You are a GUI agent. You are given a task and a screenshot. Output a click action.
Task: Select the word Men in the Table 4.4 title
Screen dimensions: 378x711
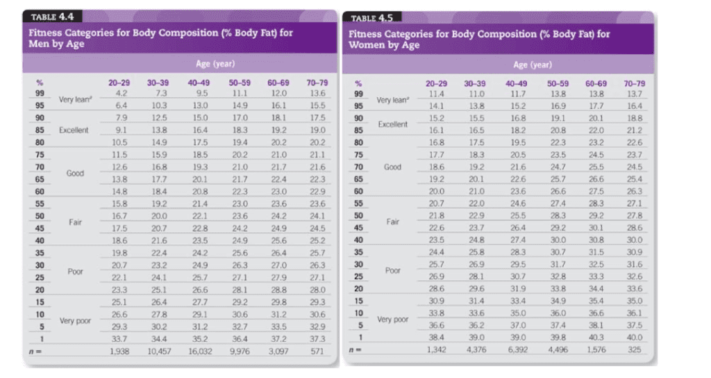37,44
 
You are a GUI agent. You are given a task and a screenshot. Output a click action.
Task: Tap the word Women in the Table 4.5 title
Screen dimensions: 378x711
367,45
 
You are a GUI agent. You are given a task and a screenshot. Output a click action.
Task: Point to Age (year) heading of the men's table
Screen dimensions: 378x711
215,64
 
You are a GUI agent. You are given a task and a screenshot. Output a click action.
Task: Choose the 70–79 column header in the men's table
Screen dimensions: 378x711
317,83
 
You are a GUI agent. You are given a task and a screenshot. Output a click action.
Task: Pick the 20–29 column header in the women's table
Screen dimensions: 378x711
435,83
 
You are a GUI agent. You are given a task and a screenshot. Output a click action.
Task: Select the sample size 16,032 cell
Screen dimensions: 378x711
199,352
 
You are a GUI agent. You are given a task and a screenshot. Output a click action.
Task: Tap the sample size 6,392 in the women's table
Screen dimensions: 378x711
518,350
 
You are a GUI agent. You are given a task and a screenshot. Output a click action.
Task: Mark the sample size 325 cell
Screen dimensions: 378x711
635,350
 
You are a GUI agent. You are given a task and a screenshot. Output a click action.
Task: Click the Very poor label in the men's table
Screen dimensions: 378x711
76,320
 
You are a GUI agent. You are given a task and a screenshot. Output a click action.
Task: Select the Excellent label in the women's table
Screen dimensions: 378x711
393,124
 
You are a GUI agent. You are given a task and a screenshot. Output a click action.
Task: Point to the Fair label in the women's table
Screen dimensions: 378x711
393,222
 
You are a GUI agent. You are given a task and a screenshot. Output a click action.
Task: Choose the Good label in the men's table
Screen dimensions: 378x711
76,173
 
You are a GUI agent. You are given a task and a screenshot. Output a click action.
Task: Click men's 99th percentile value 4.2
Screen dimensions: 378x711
121,93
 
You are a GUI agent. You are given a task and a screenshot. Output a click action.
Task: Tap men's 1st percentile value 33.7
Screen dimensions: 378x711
120,339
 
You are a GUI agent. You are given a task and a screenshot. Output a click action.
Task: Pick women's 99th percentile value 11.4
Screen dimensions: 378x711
435,94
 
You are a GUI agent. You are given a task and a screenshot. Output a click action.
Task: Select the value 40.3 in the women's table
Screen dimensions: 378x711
596,338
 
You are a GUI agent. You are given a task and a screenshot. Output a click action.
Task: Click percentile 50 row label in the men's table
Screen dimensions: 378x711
40,216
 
